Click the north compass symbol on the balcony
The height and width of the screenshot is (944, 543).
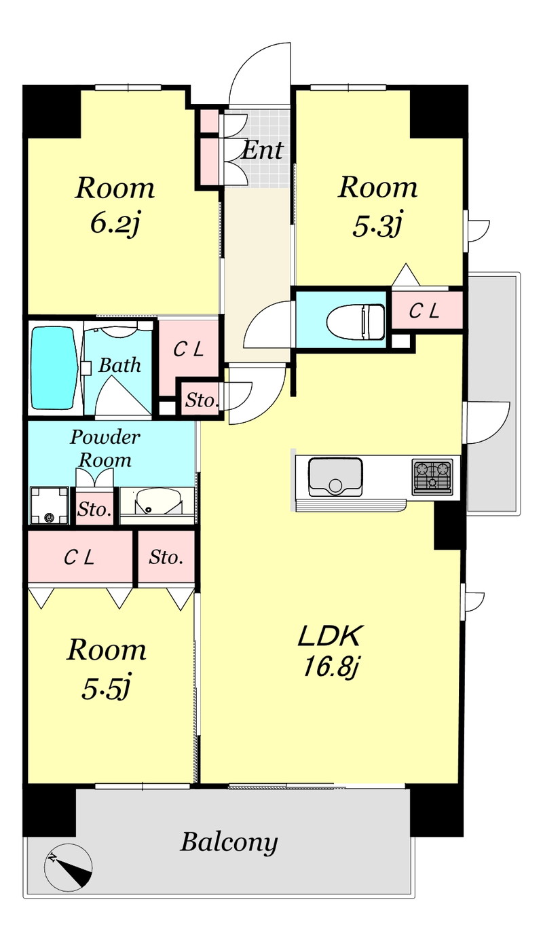point(69,868)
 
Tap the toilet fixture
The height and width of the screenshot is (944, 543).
point(356,322)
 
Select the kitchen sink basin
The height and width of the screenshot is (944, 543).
point(335,476)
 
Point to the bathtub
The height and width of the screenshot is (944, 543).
point(54,368)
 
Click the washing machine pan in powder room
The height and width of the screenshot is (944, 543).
point(50,505)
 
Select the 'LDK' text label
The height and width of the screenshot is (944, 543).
point(330,636)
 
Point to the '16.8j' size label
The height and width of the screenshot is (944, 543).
point(331,668)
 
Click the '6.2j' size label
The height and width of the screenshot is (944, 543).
point(115,224)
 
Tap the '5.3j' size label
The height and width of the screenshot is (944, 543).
point(377,224)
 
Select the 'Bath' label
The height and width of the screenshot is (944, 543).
point(119,365)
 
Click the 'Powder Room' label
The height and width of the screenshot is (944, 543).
point(105,448)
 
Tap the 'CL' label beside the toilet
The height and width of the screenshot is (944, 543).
point(424,311)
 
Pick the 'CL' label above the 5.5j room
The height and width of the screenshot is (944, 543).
point(79,558)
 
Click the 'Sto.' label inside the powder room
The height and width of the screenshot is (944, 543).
point(94,510)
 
